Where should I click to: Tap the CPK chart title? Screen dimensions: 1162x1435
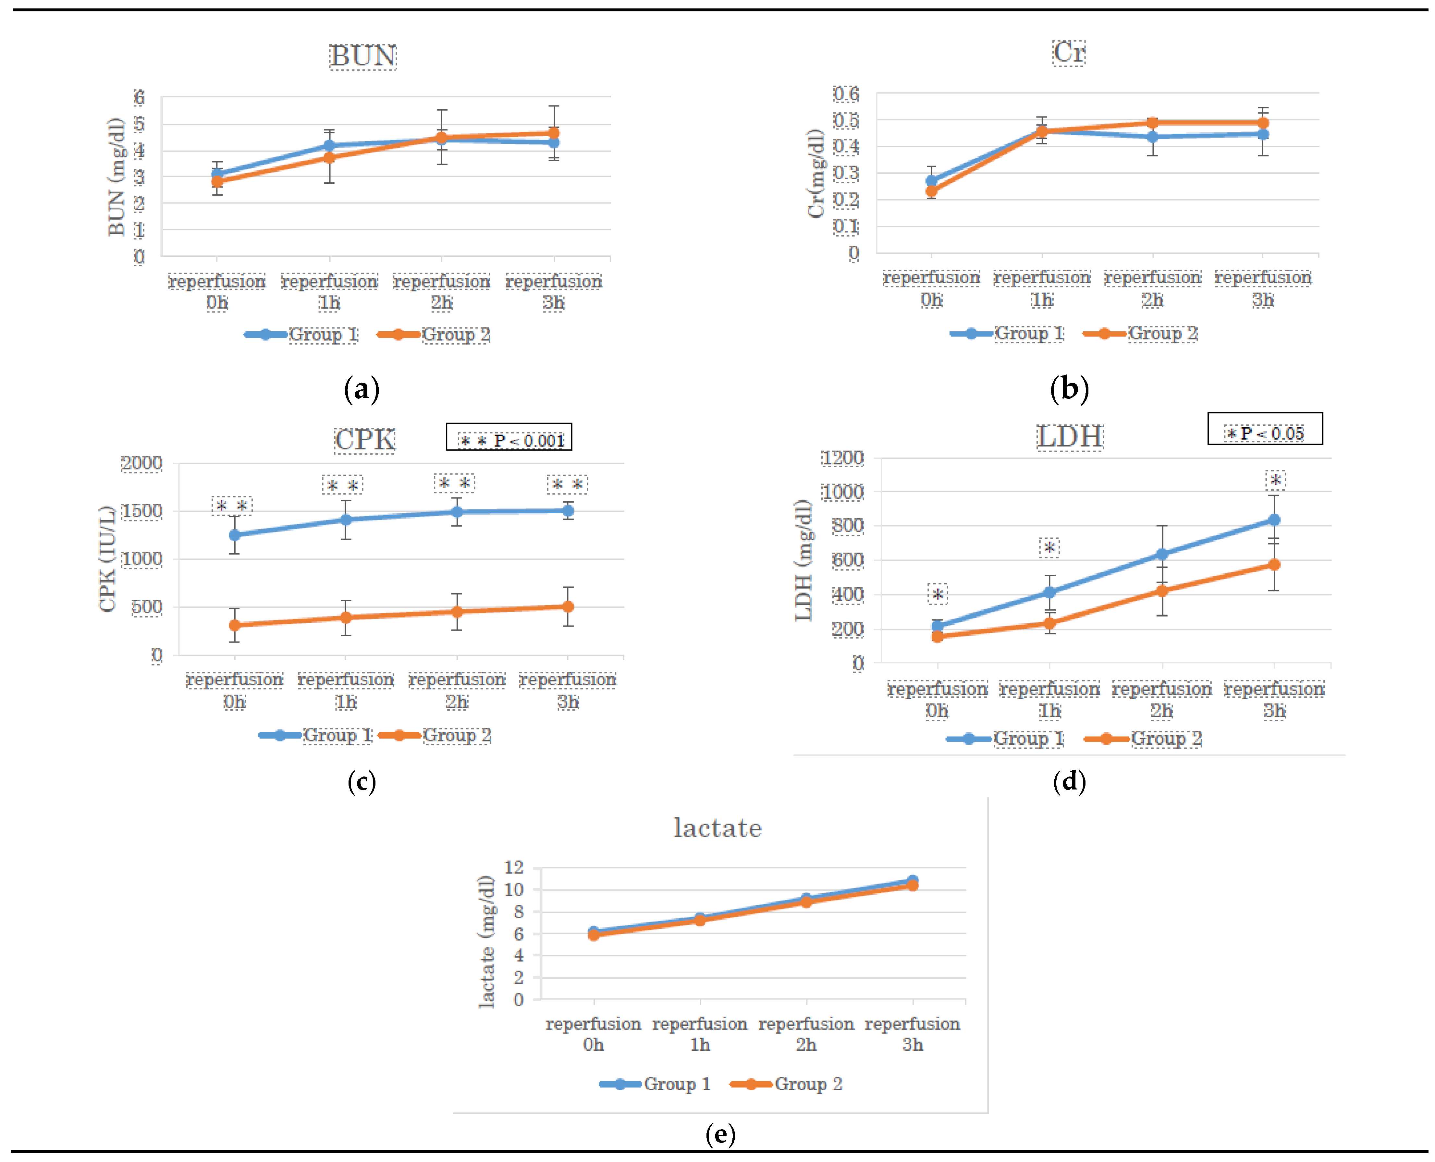pos(365,440)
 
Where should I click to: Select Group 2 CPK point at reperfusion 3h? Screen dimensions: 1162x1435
pos(568,606)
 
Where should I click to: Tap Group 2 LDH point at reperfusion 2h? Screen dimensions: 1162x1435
pos(1162,591)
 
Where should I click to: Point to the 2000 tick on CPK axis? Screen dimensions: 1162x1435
pos(141,463)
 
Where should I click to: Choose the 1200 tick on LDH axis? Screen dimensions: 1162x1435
pos(843,459)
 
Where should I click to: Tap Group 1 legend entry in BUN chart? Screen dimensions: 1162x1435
pos(301,335)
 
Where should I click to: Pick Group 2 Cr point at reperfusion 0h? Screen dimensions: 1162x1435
pos(931,191)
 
